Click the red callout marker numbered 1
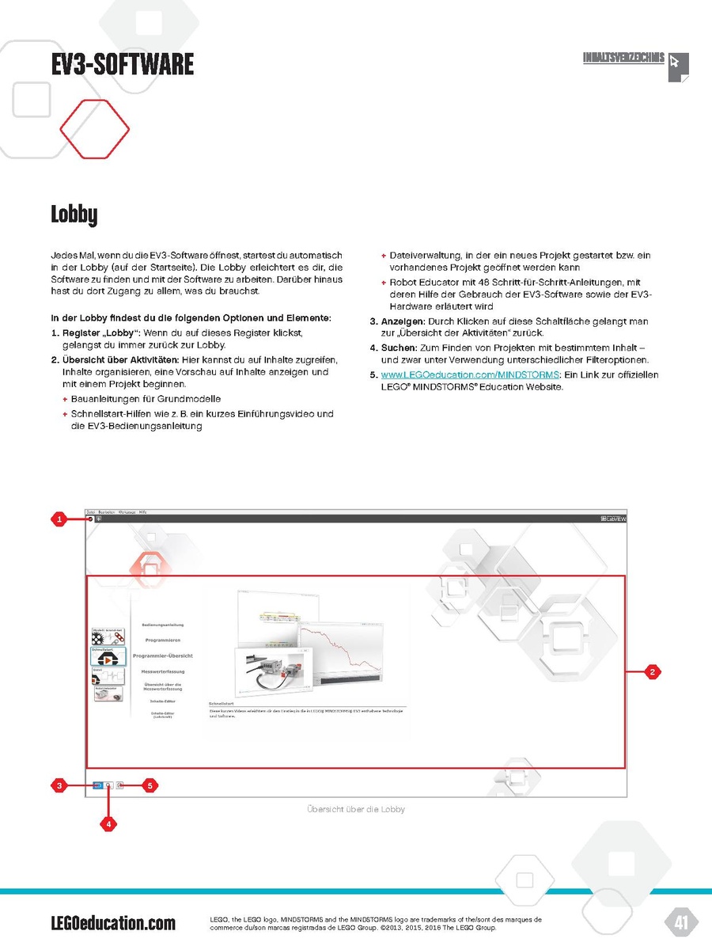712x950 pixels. (x=59, y=519)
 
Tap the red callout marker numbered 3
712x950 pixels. (x=59, y=786)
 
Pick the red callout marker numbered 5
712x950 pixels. (x=149, y=786)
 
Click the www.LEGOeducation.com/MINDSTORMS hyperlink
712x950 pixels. (x=470, y=374)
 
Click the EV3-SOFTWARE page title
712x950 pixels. (x=122, y=64)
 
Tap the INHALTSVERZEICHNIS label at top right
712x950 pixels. (x=623, y=59)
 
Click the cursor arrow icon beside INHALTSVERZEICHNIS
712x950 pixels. (x=677, y=65)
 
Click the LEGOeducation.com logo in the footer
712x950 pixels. (x=112, y=923)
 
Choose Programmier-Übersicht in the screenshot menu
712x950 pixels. (x=163, y=655)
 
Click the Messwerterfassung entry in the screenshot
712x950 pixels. (x=163, y=671)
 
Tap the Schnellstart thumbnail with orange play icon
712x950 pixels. (x=108, y=656)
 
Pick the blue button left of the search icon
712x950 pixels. (x=97, y=786)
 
